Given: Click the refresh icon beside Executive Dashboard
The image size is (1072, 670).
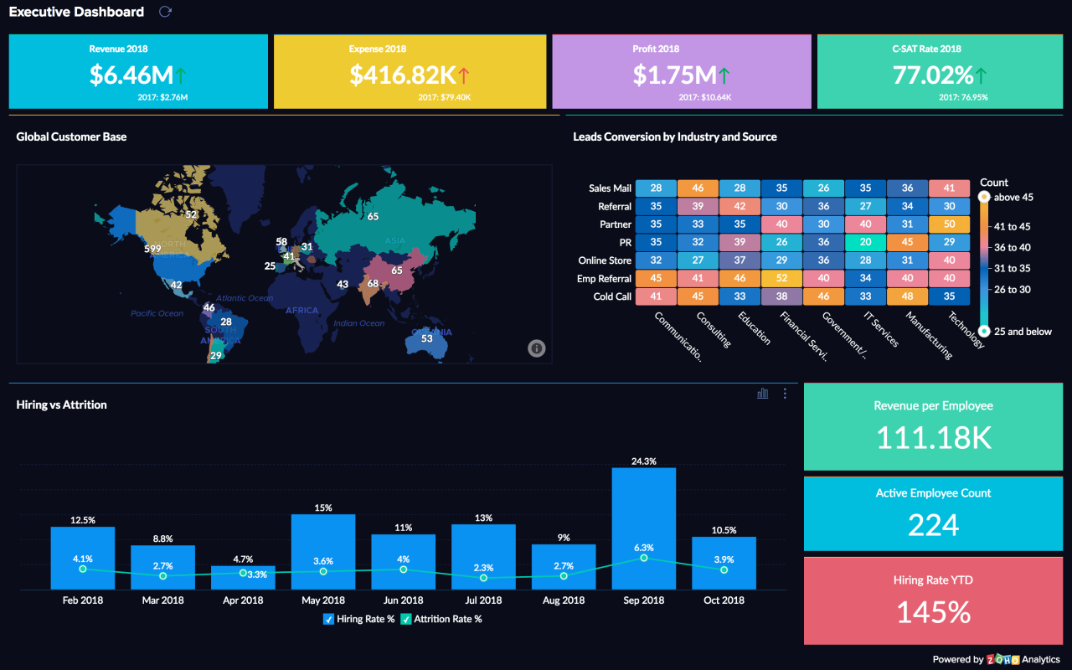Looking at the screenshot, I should pyautogui.click(x=165, y=12).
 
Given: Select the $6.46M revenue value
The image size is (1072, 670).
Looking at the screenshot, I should pyautogui.click(x=131, y=75).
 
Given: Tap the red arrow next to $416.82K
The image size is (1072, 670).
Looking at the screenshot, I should pyautogui.click(x=463, y=75).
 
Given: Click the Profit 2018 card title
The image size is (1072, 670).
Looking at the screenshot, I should pyautogui.click(x=656, y=49).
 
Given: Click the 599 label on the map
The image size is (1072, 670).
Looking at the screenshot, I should pyautogui.click(x=152, y=249).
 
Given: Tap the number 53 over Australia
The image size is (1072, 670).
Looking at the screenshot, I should pyautogui.click(x=427, y=338).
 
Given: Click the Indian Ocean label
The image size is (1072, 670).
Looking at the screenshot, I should pyautogui.click(x=358, y=323).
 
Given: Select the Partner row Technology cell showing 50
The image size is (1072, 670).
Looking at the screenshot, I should pyautogui.click(x=949, y=224).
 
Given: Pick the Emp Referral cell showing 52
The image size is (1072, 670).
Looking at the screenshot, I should pyautogui.click(x=781, y=279).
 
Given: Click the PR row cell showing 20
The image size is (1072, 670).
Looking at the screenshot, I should pyautogui.click(x=865, y=242).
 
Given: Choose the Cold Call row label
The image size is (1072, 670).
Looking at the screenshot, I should pyautogui.click(x=612, y=296).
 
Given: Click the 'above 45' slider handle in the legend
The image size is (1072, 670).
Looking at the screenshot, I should pyautogui.click(x=984, y=198).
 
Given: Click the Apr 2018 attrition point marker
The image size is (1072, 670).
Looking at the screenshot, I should pyautogui.click(x=243, y=573).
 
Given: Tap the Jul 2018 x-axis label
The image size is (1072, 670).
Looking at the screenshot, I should pyautogui.click(x=483, y=600).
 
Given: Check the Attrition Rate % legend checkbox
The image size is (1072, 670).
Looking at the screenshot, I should pyautogui.click(x=406, y=619).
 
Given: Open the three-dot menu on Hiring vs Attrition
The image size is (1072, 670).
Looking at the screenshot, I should pyautogui.click(x=785, y=394).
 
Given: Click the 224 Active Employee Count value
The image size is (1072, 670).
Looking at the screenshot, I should pyautogui.click(x=933, y=525).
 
